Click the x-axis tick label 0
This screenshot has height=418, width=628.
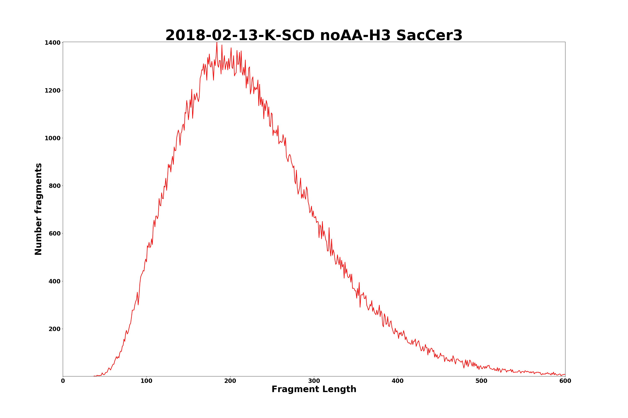coord(63,381)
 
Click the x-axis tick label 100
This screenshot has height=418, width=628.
coord(146,381)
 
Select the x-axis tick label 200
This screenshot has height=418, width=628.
coord(230,381)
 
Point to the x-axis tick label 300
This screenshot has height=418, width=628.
coord(314,381)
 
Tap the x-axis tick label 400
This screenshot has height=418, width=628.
coord(398,381)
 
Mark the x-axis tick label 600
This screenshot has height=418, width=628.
coord(565,381)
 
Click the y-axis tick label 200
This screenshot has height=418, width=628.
coord(54,329)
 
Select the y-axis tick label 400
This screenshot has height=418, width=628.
coord(54,282)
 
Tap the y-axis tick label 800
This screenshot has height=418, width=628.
coord(54,186)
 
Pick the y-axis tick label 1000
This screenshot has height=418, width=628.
coord(53,138)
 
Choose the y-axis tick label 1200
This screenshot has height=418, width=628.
coord(53,91)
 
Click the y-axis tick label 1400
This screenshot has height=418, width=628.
coord(53,43)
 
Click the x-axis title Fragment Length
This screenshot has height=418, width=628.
coord(314,390)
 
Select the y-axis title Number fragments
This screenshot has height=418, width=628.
coord(39,209)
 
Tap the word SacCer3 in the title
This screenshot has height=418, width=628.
coord(429,36)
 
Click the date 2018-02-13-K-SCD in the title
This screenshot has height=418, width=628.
coord(240,36)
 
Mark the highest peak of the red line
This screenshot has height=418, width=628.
coord(217,43)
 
